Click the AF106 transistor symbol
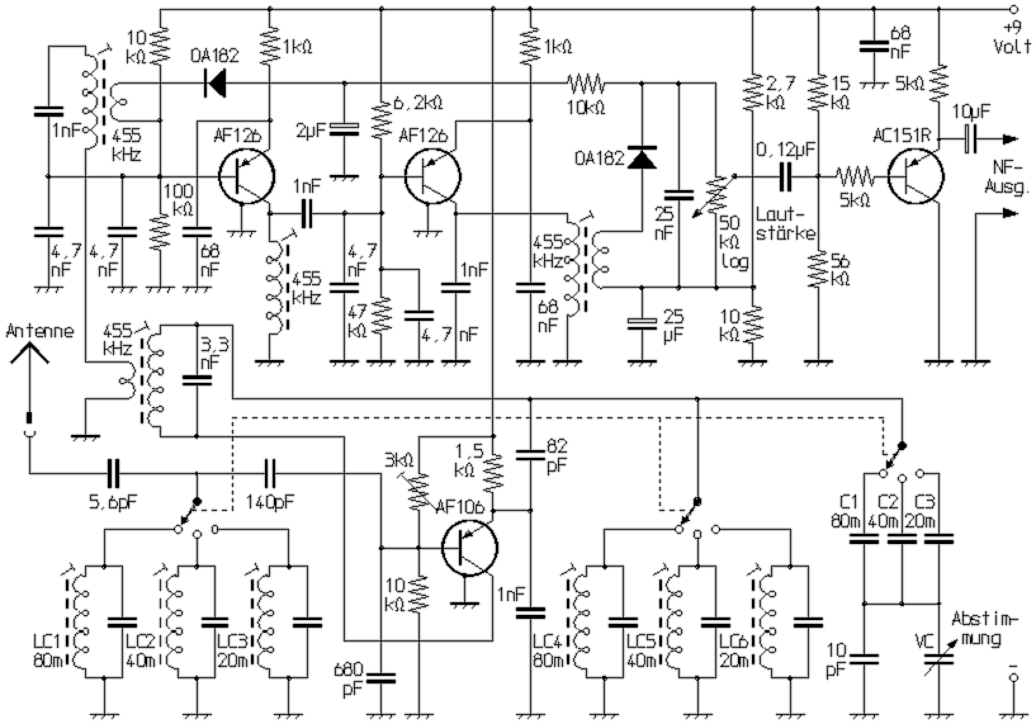[x=469, y=548]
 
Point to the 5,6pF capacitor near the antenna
[x=113, y=473]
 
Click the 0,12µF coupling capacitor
[x=786, y=177]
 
